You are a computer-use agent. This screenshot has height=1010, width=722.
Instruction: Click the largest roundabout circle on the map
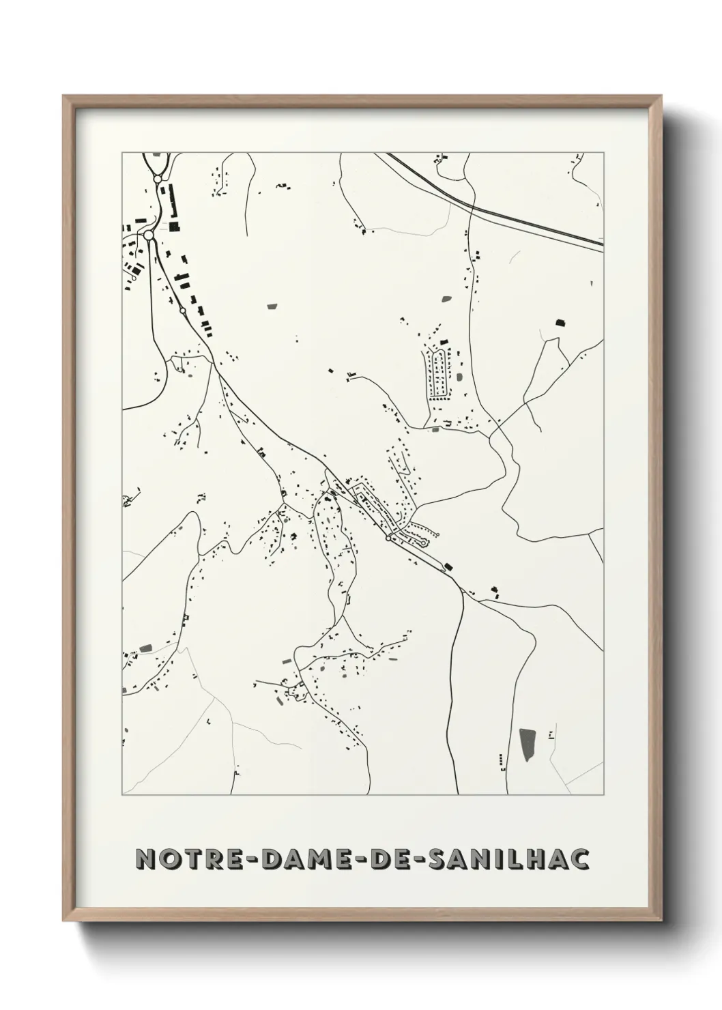click(x=149, y=235)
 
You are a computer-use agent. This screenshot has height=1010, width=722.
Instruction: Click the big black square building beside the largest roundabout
click(x=174, y=226)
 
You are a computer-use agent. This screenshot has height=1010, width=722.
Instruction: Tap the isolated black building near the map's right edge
click(x=561, y=322)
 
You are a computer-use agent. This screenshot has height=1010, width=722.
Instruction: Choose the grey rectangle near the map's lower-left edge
click(x=145, y=648)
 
